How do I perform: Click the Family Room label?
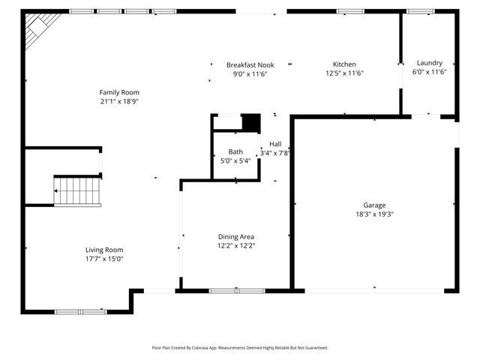[120, 92]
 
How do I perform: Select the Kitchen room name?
[344, 64]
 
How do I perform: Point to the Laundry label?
[430, 63]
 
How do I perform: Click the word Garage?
[374, 205]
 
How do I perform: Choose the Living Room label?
[103, 250]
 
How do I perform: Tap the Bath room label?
[235, 151]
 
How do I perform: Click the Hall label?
[275, 144]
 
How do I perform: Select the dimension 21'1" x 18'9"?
[120, 101]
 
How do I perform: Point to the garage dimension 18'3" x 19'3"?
[374, 214]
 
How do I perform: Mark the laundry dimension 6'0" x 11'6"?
[430, 72]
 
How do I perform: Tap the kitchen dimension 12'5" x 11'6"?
[344, 73]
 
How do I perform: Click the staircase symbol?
[76, 190]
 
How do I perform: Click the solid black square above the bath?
[250, 122]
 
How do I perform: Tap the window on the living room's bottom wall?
[81, 311]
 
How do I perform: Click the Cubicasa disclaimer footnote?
[240, 348]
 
